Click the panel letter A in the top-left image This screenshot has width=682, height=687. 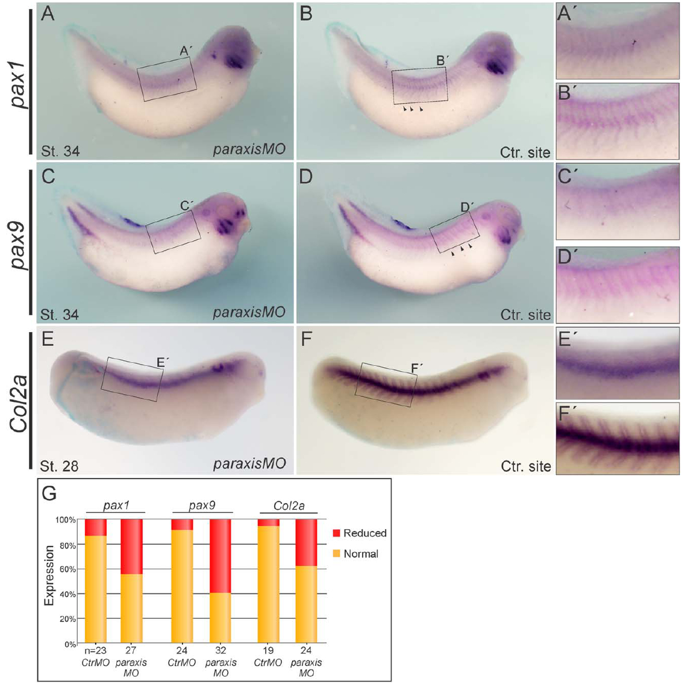(x=48, y=13)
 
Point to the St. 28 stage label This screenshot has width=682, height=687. (x=60, y=465)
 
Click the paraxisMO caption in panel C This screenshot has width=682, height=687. (x=248, y=313)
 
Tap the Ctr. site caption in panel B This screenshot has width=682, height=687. (x=525, y=151)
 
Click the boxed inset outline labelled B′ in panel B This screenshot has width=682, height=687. (x=420, y=85)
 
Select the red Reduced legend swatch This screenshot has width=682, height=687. (x=336, y=533)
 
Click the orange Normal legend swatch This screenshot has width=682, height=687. (x=336, y=553)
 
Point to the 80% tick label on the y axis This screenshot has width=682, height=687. (x=66, y=544)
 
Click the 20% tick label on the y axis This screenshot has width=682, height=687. (x=66, y=619)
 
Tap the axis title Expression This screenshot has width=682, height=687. (x=49, y=575)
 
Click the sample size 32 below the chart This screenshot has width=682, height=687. (x=221, y=651)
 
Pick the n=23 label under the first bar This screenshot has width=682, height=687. (x=95, y=651)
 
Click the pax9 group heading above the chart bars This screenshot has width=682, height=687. (x=202, y=506)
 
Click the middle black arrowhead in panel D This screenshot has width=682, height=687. (x=462, y=248)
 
